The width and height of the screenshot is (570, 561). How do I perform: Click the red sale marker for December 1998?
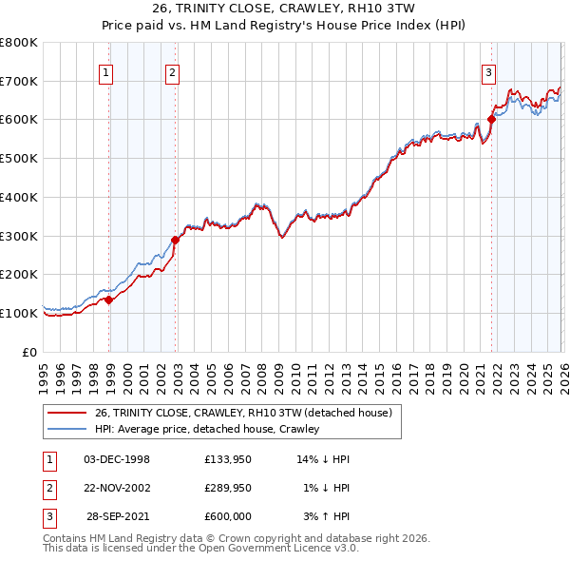click(x=108, y=300)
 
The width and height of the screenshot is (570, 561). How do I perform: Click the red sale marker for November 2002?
click(x=175, y=240)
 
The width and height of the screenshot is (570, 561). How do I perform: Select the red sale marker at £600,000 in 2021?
click(x=491, y=119)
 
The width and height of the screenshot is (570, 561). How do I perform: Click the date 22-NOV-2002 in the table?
click(x=117, y=488)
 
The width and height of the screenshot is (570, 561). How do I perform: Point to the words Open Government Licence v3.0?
click(x=282, y=548)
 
